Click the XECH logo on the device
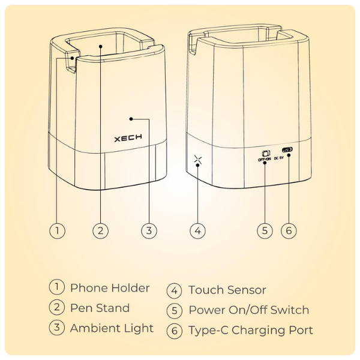[x=128, y=138]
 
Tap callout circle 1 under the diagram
[x=57, y=230]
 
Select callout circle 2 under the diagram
[x=101, y=230]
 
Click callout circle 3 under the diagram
[x=149, y=230]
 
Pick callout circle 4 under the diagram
[x=197, y=230]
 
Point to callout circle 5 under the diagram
[x=265, y=230]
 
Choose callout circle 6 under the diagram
[x=289, y=230]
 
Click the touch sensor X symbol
[x=198, y=159]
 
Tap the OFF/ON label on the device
[x=265, y=159]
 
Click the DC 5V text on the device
[x=279, y=158]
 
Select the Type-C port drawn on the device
[x=287, y=150]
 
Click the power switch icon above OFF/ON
[x=266, y=153]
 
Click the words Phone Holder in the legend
[x=110, y=288]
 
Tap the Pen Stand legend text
[x=100, y=308]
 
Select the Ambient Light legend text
[x=112, y=328]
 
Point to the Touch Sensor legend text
[x=227, y=290]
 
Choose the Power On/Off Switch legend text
[x=249, y=310]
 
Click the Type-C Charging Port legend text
[x=251, y=331]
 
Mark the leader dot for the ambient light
[x=131, y=119]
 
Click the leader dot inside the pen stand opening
[x=101, y=46]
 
